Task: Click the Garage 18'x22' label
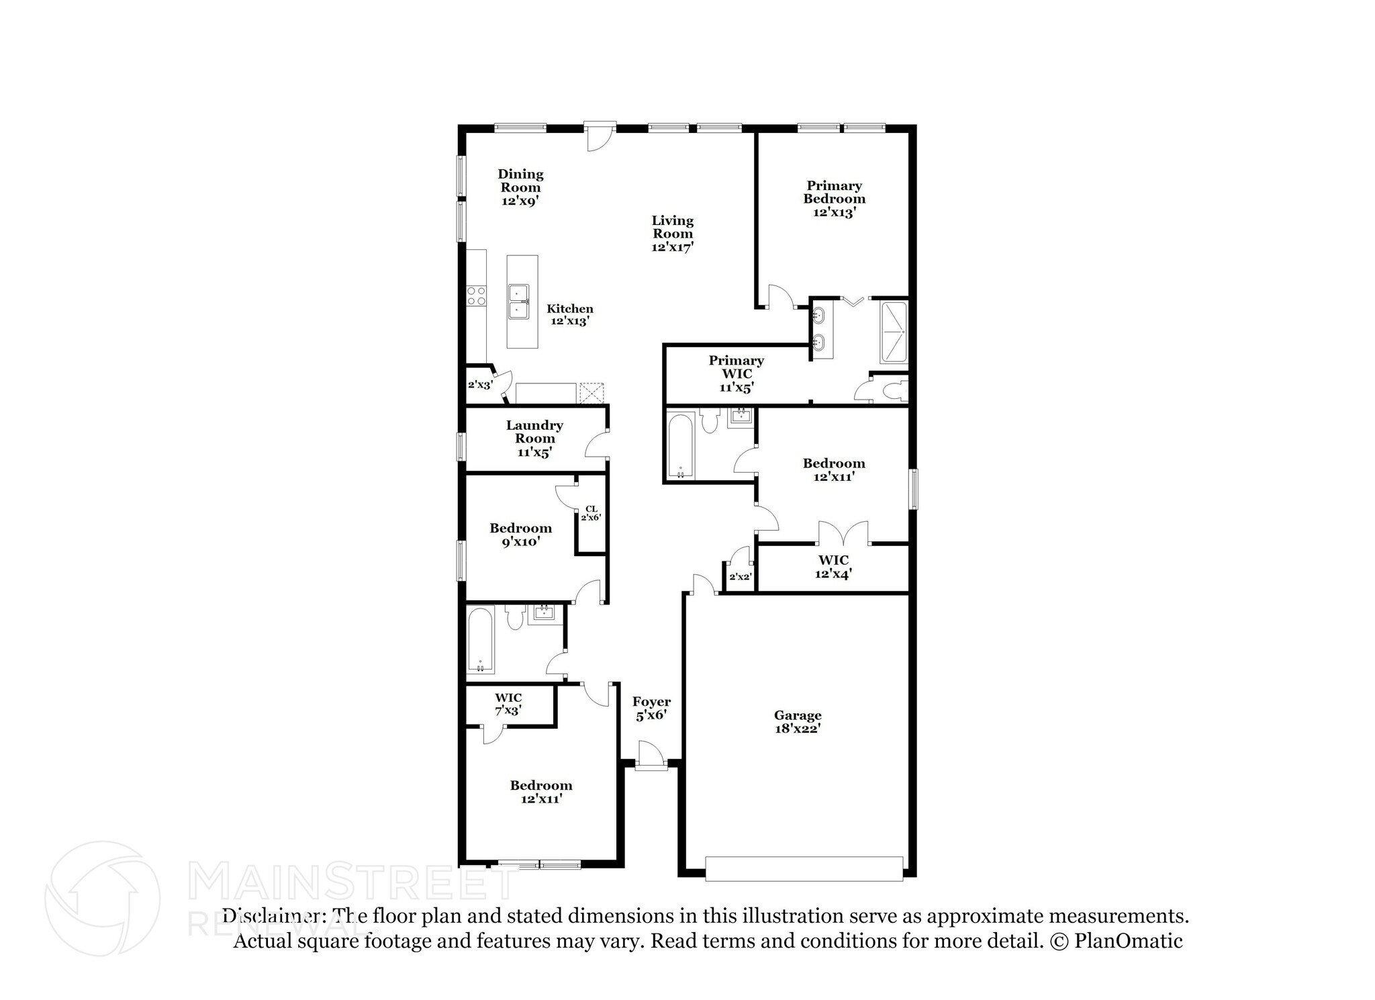click(x=797, y=721)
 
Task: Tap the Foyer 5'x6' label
click(x=651, y=709)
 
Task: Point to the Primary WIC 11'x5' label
click(x=737, y=374)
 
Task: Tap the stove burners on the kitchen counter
click(x=476, y=296)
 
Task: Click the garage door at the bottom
click(x=804, y=868)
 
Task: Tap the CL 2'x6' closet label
click(x=591, y=513)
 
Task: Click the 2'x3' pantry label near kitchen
click(x=480, y=385)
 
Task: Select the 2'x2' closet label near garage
click(x=739, y=577)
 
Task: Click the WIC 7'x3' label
click(x=508, y=704)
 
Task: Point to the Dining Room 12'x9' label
click(x=520, y=187)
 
